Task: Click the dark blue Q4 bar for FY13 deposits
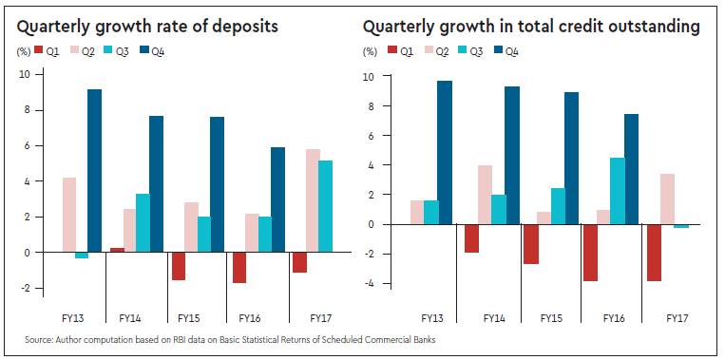tap(94, 171)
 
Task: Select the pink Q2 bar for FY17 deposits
tap(312, 200)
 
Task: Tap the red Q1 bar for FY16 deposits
tap(238, 268)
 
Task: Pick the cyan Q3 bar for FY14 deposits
tap(143, 223)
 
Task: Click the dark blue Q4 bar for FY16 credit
tap(618, 169)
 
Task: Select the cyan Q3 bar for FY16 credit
tap(604, 191)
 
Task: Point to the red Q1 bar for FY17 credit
tap(654, 253)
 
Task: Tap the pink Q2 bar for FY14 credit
tap(485, 195)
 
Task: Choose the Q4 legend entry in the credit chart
tap(506, 51)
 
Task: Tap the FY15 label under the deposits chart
tap(189, 318)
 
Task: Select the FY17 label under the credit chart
tap(677, 318)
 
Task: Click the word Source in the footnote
tap(38, 340)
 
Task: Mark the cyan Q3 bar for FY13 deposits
tap(82, 256)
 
